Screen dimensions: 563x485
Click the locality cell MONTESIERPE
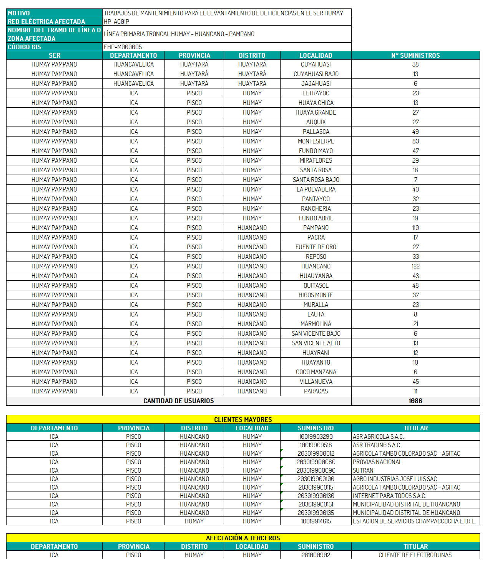pos(316,141)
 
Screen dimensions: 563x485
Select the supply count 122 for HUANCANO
pos(415,266)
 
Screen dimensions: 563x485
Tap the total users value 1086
pos(415,401)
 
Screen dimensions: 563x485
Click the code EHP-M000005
pos(123,47)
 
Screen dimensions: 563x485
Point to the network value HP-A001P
pos(116,22)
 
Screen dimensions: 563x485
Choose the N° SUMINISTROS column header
pos(415,55)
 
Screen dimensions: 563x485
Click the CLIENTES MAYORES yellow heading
pos(243,420)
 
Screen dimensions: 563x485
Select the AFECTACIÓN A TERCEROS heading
pos(243,538)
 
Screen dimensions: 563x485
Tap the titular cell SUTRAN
pos(363,470)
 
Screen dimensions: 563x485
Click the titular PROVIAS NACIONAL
pos(377,462)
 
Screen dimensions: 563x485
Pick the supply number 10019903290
pos(316,436)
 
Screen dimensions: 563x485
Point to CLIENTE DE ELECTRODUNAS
pos(415,555)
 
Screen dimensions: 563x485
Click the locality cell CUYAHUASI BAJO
pos(316,74)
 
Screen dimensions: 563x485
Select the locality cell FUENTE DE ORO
pos(316,247)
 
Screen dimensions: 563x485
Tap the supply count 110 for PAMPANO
pos(415,228)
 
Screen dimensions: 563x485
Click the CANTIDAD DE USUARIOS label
pos(179,401)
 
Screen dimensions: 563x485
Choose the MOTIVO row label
pos(19,13)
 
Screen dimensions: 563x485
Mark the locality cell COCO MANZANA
pos(316,372)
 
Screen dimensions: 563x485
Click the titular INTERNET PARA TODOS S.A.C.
pos(389,496)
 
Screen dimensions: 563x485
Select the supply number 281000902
pos(316,555)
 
